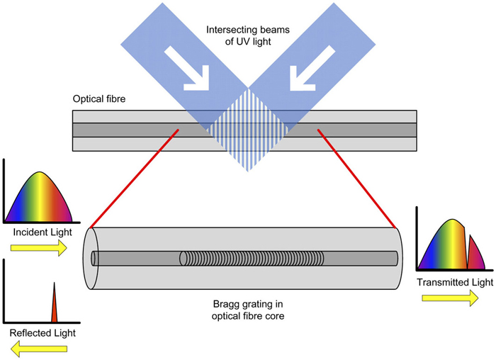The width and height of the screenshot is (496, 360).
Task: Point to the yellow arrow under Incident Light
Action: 38,247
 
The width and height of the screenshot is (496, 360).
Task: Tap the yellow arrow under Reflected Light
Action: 38,348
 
